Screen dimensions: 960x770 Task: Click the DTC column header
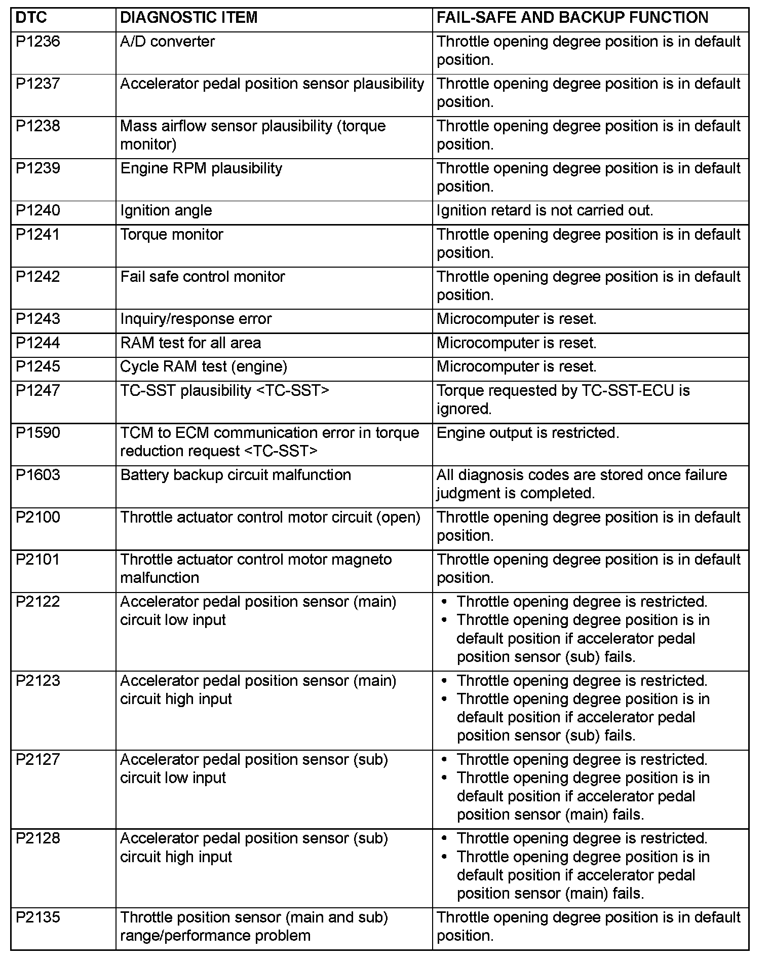pyautogui.click(x=31, y=18)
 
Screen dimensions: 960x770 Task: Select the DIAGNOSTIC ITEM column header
pyautogui.click(x=188, y=18)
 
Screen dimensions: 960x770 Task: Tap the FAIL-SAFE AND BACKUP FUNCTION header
pyautogui.click(x=572, y=18)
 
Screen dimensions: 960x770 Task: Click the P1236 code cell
pyautogui.click(x=38, y=42)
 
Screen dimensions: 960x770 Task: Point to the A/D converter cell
pyautogui.click(x=167, y=42)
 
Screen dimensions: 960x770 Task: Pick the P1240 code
pyautogui.click(x=38, y=210)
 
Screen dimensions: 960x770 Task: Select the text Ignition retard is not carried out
pyautogui.click(x=545, y=210)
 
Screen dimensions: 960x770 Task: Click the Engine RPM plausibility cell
pyautogui.click(x=201, y=168)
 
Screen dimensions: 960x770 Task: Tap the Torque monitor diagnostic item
pyautogui.click(x=171, y=235)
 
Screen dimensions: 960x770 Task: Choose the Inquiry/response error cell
pyautogui.click(x=196, y=319)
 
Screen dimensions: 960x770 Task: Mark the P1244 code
pyautogui.click(x=38, y=343)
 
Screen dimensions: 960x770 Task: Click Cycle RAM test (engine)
pyautogui.click(x=203, y=366)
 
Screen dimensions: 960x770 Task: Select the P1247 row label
pyautogui.click(x=38, y=391)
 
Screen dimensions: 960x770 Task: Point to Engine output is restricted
pyautogui.click(x=527, y=433)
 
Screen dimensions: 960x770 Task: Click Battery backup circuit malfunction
pyautogui.click(x=236, y=475)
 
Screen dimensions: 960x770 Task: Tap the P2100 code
pyautogui.click(x=38, y=518)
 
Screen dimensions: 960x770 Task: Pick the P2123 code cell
pyautogui.click(x=38, y=681)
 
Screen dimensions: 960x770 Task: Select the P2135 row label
pyautogui.click(x=38, y=917)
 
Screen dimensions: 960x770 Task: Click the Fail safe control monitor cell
pyautogui.click(x=202, y=277)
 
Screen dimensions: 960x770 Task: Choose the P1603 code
pyautogui.click(x=38, y=475)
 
